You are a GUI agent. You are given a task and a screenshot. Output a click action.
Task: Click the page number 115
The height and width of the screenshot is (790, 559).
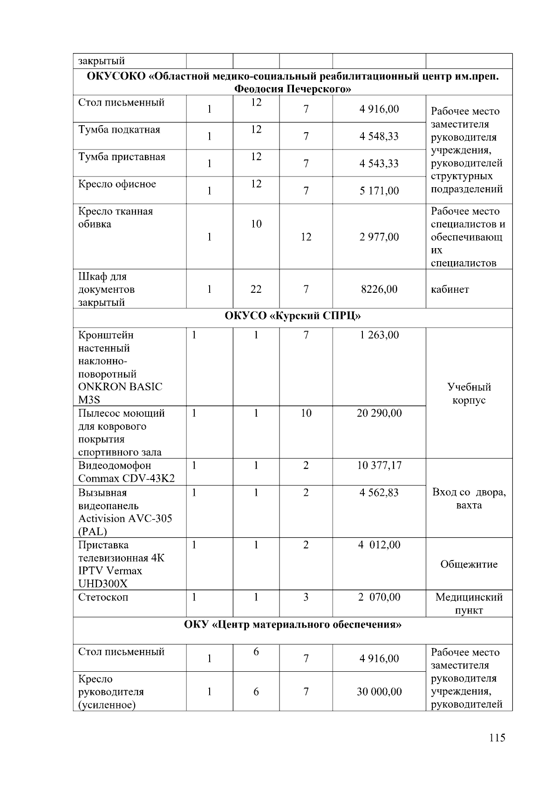click(x=497, y=738)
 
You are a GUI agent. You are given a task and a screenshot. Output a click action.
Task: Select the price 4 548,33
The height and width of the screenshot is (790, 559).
click(x=379, y=136)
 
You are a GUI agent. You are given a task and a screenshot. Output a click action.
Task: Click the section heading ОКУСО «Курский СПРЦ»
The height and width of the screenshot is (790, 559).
click(x=293, y=316)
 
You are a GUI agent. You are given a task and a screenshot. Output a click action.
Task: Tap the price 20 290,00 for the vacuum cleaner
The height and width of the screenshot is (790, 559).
click(x=379, y=413)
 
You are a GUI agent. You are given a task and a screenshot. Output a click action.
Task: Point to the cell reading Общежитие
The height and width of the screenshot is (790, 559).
click(x=469, y=565)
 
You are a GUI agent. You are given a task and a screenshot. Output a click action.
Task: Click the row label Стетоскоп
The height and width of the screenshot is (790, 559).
click(x=103, y=597)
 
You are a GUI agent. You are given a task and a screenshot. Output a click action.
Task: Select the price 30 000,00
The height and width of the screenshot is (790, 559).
click(x=379, y=692)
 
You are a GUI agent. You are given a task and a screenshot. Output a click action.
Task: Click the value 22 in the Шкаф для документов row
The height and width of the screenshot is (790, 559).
click(x=256, y=290)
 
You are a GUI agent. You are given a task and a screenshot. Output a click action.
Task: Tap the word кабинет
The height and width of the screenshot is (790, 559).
click(x=450, y=290)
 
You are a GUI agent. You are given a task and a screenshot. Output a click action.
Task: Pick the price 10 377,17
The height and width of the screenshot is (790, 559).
click(x=379, y=466)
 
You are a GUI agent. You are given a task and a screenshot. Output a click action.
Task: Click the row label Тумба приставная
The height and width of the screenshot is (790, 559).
click(x=122, y=157)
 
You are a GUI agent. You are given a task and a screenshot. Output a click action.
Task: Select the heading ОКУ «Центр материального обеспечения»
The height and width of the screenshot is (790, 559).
click(x=293, y=625)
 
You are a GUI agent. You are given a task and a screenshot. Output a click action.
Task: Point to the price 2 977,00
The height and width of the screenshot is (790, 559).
click(x=379, y=237)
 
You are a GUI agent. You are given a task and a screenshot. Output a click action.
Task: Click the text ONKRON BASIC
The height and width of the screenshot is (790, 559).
click(x=120, y=387)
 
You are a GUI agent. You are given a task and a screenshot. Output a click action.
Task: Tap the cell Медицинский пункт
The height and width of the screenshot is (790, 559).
click(x=469, y=604)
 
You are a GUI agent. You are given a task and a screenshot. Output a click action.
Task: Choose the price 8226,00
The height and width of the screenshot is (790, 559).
click(x=379, y=290)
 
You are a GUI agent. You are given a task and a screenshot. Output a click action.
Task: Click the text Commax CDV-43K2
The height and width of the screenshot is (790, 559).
click(x=126, y=479)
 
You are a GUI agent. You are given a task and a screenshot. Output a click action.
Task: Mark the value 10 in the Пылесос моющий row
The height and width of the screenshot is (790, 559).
click(x=306, y=413)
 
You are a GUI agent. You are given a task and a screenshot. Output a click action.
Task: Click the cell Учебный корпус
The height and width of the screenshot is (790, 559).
click(x=469, y=394)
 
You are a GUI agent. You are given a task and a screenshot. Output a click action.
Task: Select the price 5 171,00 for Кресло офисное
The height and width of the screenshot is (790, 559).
click(x=379, y=191)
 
